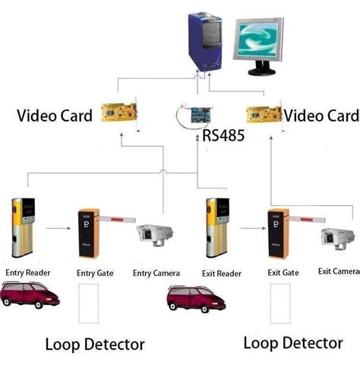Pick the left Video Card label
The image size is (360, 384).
point(55,116)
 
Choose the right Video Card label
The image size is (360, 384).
point(320,116)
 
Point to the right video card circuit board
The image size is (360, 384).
point(263,114)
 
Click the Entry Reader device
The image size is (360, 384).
point(21,227)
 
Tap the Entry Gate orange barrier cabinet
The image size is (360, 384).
point(86,233)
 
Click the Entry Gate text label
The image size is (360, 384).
point(95,273)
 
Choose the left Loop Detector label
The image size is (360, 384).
point(94,344)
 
